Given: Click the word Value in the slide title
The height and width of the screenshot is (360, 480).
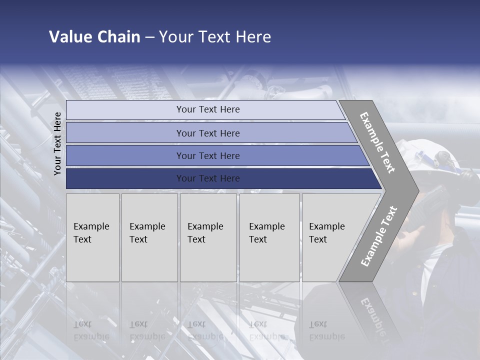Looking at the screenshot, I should point(68,37).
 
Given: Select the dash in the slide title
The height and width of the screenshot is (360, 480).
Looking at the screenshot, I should point(149,37).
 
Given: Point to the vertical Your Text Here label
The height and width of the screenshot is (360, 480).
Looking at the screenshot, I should point(57,143).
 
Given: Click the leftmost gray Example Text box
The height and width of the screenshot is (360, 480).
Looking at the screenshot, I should point(92,237).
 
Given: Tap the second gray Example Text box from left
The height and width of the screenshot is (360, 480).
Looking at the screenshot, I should point(149,237).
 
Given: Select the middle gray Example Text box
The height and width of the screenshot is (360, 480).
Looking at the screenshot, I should point(208,237).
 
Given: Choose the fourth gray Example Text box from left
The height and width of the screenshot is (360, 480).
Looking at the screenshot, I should point(269,237).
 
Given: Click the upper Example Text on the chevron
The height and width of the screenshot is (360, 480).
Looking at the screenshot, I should point(377,142).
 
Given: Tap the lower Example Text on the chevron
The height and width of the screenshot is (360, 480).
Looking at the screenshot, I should point(379,236).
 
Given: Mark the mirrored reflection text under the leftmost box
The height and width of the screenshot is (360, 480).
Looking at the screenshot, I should point(91,330).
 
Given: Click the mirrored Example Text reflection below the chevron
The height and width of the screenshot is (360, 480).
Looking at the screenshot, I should point(372,312).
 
